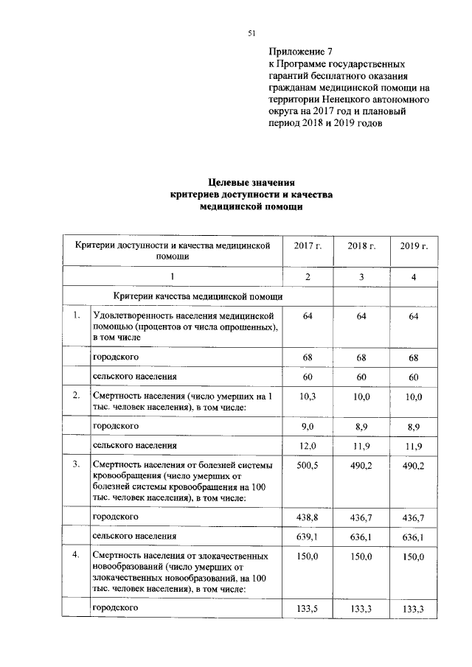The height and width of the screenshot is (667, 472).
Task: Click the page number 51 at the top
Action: point(251,32)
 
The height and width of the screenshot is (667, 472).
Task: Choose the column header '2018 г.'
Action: point(361,245)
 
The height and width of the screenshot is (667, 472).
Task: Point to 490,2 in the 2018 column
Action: point(361,467)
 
